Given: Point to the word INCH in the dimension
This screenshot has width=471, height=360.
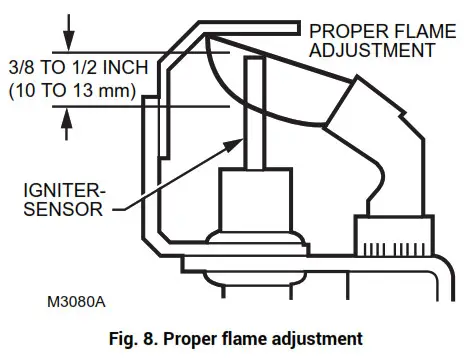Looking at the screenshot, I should point(132,69).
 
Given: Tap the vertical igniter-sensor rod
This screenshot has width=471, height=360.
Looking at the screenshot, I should point(254,120).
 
